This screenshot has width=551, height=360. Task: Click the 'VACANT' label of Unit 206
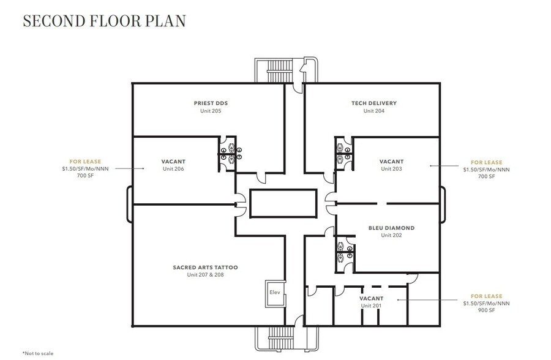[173, 162]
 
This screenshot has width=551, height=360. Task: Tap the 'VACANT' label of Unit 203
[391, 162]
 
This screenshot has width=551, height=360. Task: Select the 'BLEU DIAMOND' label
[391, 228]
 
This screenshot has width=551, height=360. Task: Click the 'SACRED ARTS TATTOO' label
[205, 268]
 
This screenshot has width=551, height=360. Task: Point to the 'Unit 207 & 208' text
[205, 275]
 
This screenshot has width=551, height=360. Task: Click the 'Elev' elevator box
[274, 292]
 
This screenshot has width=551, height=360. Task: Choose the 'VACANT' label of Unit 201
[371, 298]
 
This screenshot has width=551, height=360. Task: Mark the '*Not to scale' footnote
[39, 353]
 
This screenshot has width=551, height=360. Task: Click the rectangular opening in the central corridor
[283, 202]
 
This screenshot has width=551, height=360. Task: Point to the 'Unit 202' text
[391, 235]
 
